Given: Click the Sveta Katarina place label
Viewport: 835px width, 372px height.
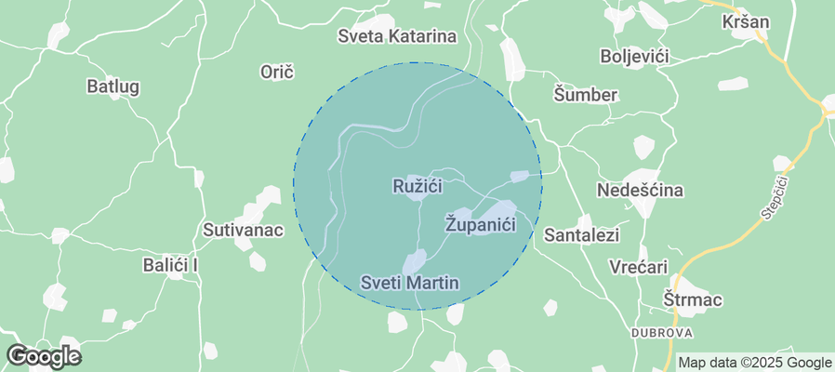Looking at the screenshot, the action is pos(397,37).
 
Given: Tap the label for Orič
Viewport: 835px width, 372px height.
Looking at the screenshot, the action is pos(277,71).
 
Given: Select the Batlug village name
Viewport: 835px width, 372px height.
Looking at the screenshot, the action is pos(113,86).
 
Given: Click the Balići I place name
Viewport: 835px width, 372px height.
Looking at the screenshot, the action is pos(171,265).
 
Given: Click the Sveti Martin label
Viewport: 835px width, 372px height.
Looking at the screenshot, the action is pos(410,281).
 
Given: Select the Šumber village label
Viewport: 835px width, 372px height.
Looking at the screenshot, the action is pos(586,94).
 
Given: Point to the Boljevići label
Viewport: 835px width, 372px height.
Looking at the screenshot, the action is pos(636,56).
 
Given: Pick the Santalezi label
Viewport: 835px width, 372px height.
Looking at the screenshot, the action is pos(581,234).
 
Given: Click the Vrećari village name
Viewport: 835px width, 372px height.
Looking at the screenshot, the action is pos(639,267).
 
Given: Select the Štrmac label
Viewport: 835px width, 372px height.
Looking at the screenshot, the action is pos(694,300).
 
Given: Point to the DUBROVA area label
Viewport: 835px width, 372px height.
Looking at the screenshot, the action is pos(662,332).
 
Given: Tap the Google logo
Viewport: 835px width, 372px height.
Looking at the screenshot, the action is pos(43,355).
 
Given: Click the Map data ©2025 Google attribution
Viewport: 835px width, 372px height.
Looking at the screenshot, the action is pos(754,363).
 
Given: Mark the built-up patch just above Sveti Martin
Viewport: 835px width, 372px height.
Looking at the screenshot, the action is pos(414,261).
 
